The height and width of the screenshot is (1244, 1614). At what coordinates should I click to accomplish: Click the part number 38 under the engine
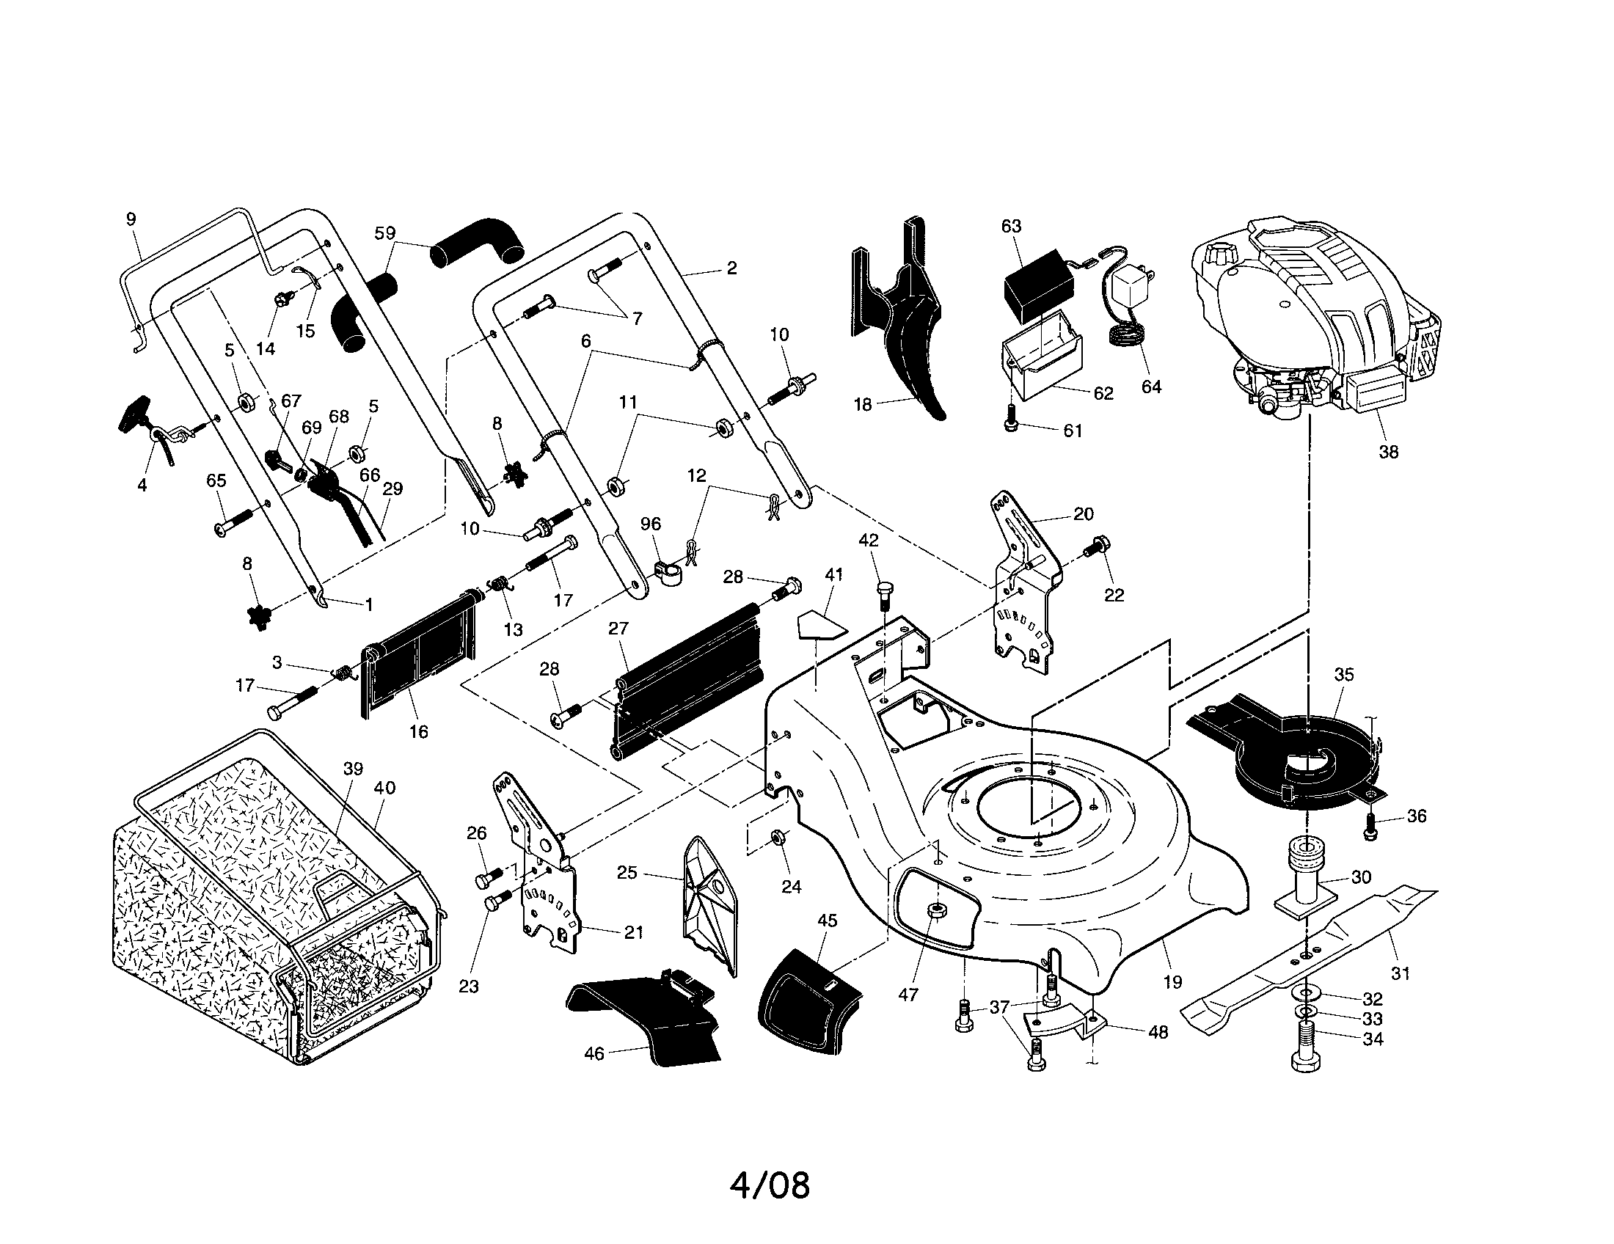tap(1388, 451)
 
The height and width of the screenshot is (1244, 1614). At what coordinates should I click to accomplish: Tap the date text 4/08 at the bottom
tap(770, 1185)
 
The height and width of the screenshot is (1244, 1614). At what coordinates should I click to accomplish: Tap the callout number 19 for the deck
tap(1172, 981)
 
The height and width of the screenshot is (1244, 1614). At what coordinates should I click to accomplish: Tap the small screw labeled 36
tap(1370, 824)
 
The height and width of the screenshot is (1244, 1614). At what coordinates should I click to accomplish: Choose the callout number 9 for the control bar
tap(131, 219)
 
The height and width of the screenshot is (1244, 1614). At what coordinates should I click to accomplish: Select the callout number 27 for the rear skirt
tap(618, 628)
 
